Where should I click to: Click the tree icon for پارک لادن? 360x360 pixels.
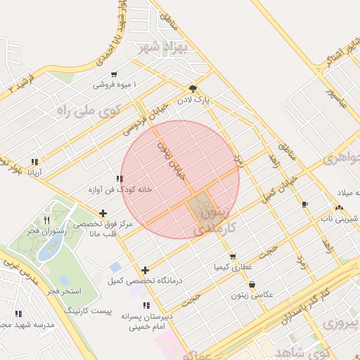pos(193,89)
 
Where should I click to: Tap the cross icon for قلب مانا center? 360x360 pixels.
pos(103,213)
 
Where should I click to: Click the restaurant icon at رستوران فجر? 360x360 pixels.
pos(46,220)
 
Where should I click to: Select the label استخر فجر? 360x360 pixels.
pos(64,290)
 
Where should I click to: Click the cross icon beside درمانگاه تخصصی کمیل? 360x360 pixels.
pos(145,270)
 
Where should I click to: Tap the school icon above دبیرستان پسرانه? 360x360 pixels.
pos(146,305)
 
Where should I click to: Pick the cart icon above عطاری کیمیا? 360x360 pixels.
pos(233,257)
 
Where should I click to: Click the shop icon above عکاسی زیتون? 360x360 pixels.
pos(252,284)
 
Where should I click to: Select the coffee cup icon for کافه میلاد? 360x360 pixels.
pos(304,205)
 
